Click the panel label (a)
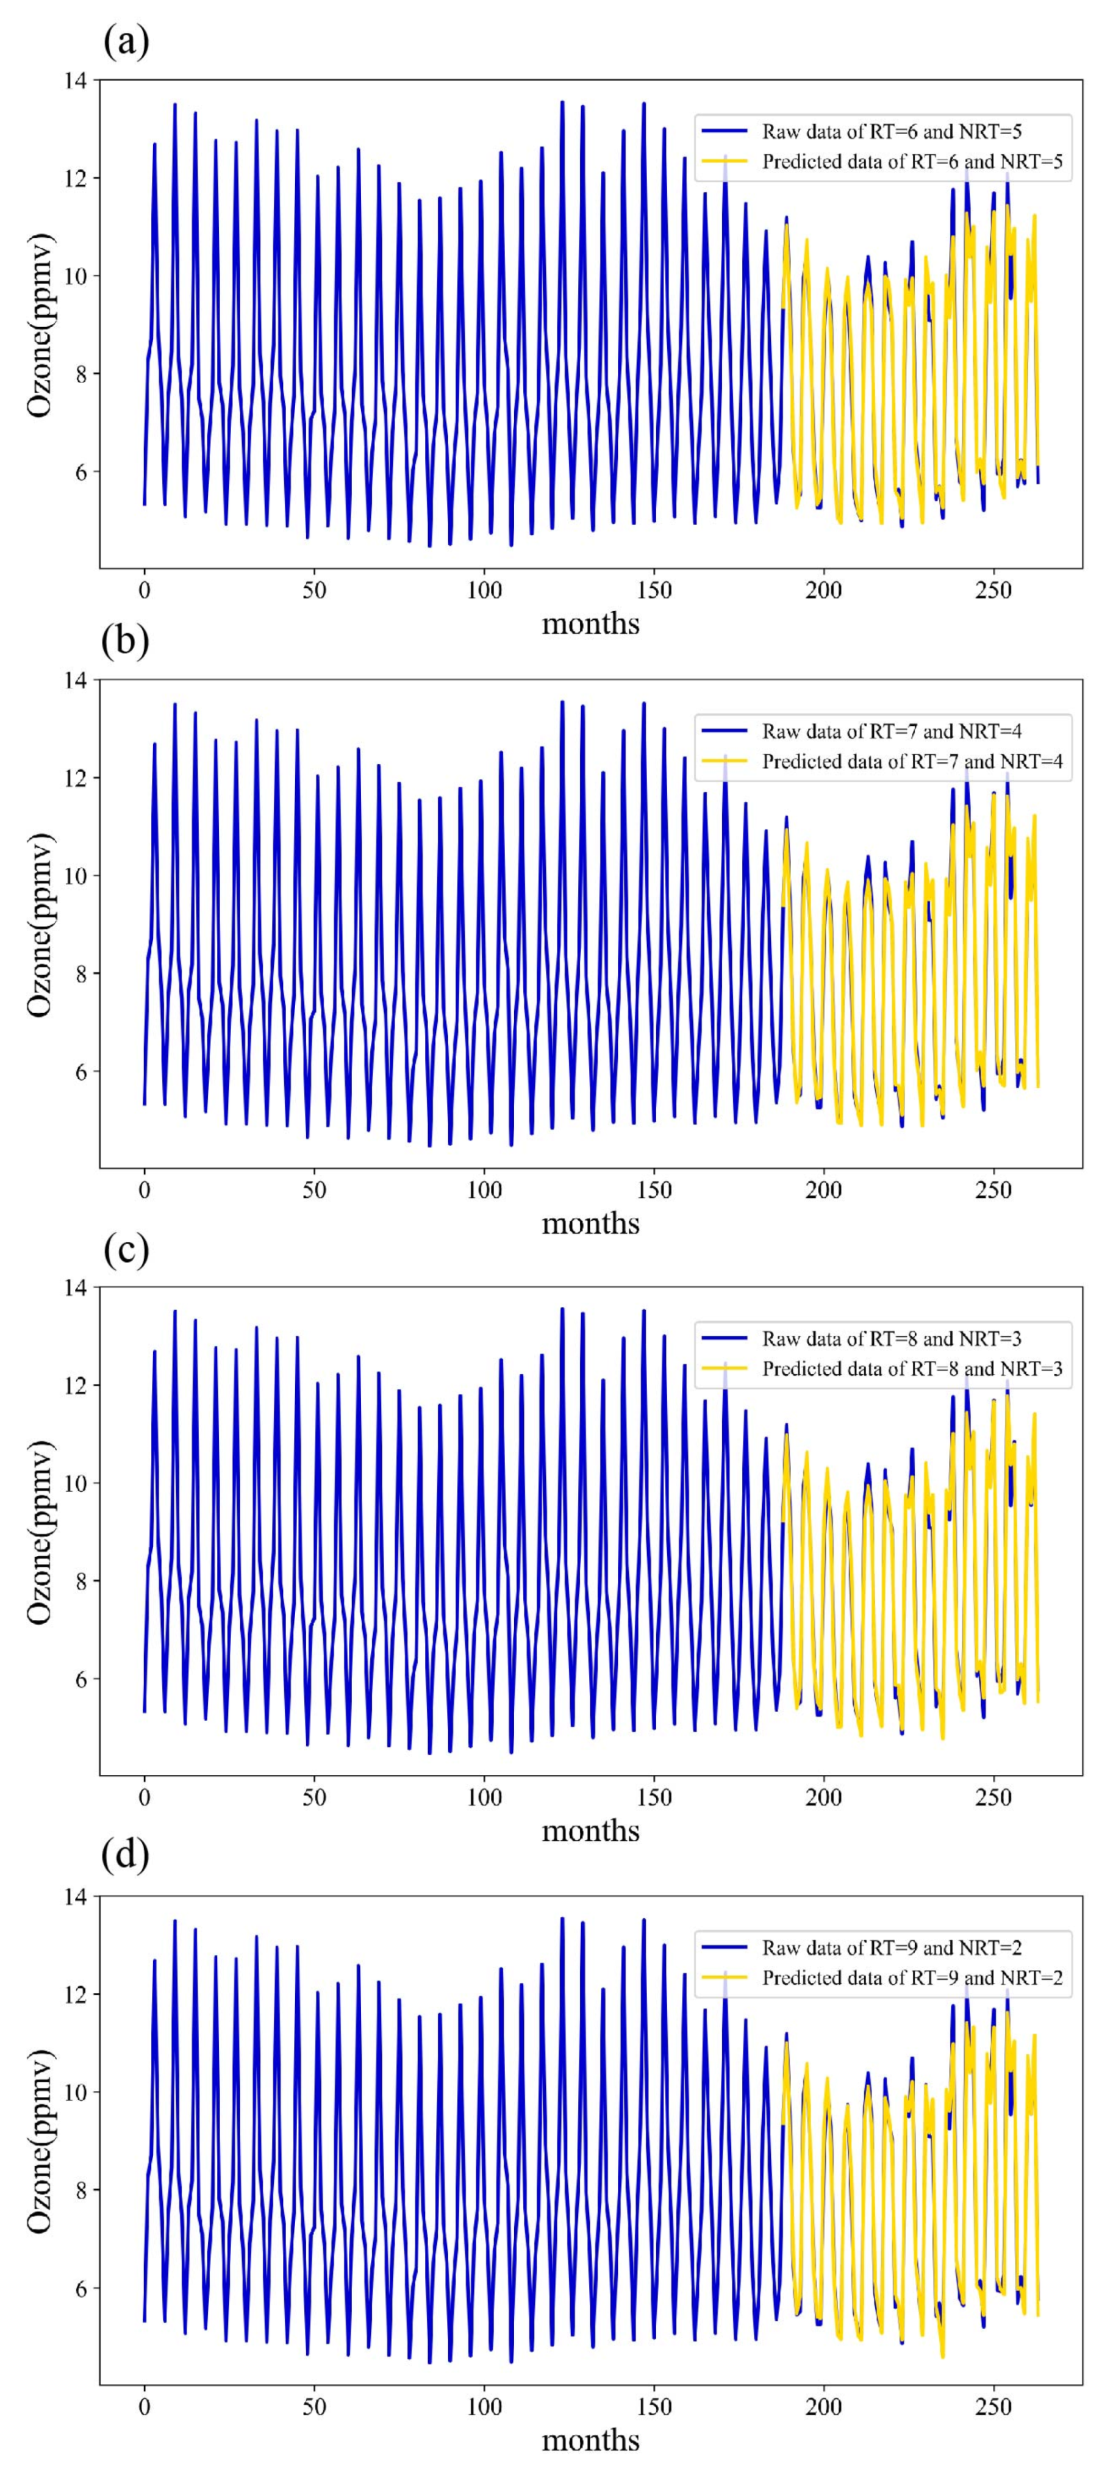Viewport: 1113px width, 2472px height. (x=125, y=41)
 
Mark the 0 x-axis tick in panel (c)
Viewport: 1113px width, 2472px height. (x=144, y=1796)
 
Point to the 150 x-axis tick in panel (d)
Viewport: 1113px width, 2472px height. (x=654, y=2406)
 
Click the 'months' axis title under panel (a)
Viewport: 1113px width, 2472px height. (x=590, y=625)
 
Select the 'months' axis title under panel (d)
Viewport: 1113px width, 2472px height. (x=590, y=2440)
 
